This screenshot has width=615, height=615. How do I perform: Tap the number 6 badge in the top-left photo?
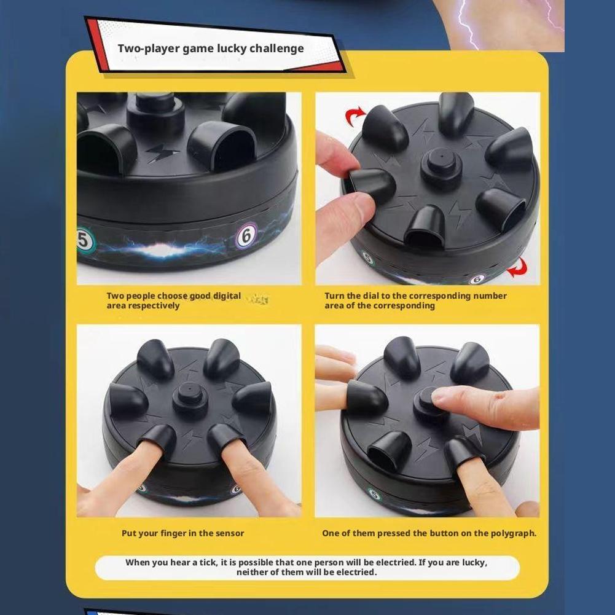(x=247, y=235)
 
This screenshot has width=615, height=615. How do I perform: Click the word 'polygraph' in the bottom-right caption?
(x=512, y=533)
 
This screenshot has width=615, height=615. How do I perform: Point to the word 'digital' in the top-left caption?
(x=227, y=296)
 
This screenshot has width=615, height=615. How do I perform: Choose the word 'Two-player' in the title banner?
(x=148, y=49)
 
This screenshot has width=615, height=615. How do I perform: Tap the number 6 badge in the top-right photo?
(x=477, y=279)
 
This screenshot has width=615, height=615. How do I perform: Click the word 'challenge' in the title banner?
(x=276, y=49)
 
